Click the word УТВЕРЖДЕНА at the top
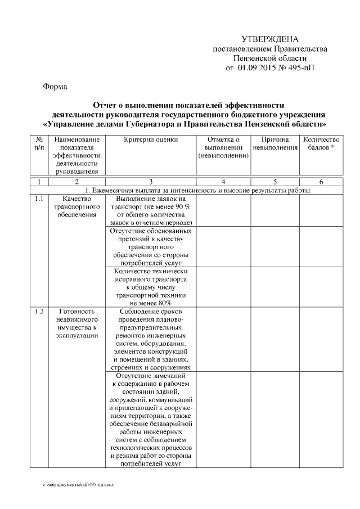pyautogui.click(x=269, y=39)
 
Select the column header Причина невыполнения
pyautogui.click(x=275, y=143)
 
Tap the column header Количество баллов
pyautogui.click(x=321, y=143)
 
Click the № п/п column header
pyautogui.click(x=38, y=143)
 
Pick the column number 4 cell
pyautogui.click(x=223, y=182)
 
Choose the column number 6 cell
pyautogui.click(x=321, y=182)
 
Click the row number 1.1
pyautogui.click(x=38, y=199)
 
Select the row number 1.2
pyautogui.click(x=38, y=311)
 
